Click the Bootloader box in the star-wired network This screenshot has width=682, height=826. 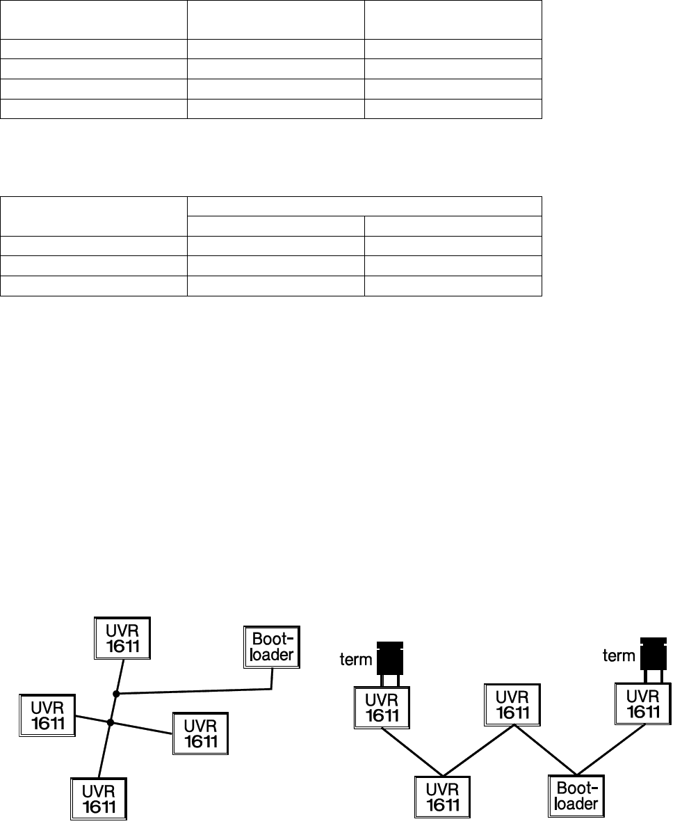[272, 647]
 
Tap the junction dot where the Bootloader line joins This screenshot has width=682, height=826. [116, 694]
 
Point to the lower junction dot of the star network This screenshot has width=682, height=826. [110, 722]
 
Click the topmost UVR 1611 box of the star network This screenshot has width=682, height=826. [123, 638]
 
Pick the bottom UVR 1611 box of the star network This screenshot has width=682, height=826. [99, 798]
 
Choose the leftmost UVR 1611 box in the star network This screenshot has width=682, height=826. [47, 715]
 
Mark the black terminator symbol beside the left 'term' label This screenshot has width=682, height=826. [389, 658]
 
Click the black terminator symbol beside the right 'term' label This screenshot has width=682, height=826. [652, 654]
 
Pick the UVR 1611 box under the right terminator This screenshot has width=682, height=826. [643, 703]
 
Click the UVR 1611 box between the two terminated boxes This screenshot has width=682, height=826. [513, 704]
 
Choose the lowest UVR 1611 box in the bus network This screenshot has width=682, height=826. [443, 796]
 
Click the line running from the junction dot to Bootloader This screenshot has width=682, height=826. [195, 692]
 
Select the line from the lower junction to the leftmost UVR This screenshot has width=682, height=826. [92, 720]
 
